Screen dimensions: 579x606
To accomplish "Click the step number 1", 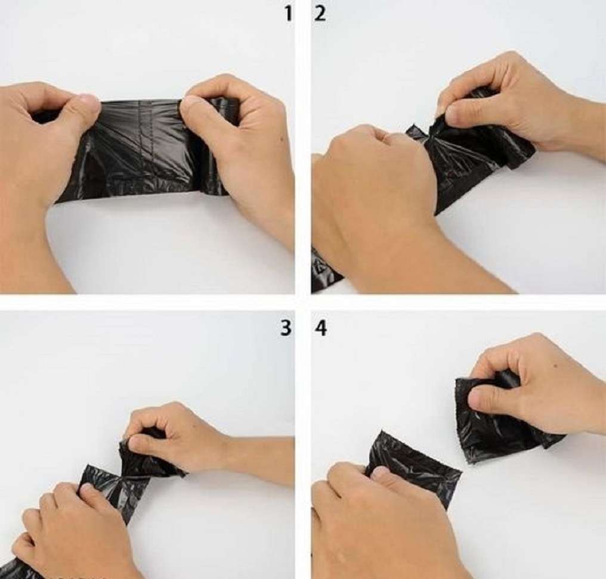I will click(288, 13).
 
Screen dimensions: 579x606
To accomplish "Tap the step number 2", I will click(320, 13).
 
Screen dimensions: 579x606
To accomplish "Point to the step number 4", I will click(321, 327).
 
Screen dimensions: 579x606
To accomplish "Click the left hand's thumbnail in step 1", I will click(88, 101).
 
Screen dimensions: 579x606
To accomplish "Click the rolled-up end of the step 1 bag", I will click(217, 149).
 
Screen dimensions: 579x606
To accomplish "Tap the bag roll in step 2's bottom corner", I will click(325, 271).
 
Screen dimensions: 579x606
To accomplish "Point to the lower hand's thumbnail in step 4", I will click(379, 473).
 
